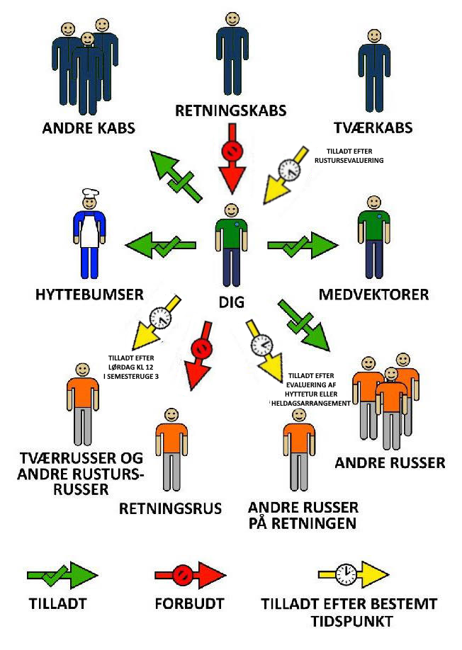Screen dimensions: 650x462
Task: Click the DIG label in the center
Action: [x=231, y=302]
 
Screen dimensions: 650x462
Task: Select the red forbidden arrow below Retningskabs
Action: [x=232, y=159]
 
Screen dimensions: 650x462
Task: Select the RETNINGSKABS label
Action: [x=231, y=110]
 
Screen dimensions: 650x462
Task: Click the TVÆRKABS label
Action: [x=373, y=128]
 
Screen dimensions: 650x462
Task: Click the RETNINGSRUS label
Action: [x=170, y=508]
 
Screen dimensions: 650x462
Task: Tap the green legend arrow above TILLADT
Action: [x=62, y=576]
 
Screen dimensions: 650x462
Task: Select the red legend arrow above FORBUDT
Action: [x=189, y=574]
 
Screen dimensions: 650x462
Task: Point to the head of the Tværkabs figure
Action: [x=373, y=38]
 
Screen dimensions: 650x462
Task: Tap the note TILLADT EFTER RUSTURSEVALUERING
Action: [x=354, y=156]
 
